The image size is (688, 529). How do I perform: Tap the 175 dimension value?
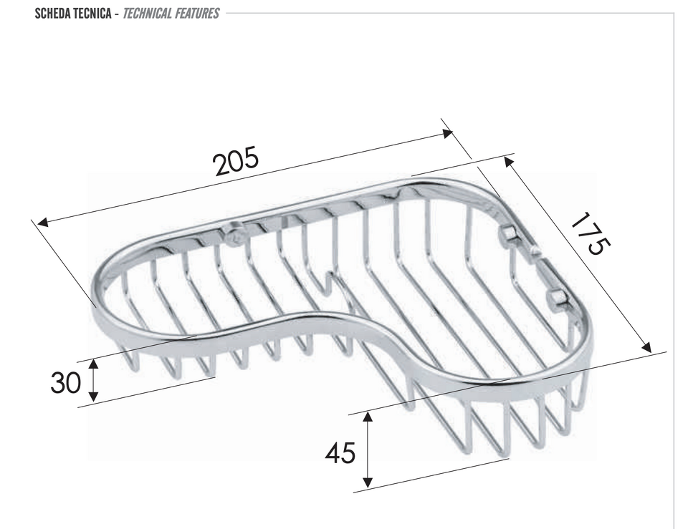pyautogui.click(x=591, y=233)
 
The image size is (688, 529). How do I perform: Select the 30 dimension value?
pyautogui.click(x=66, y=382)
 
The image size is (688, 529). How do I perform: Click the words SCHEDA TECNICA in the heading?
pyautogui.click(x=73, y=13)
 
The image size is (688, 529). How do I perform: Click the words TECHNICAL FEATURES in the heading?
pyautogui.click(x=171, y=13)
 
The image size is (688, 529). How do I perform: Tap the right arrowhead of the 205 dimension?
pyautogui.click(x=447, y=133)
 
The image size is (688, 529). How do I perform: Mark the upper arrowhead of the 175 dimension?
pyautogui.click(x=509, y=162)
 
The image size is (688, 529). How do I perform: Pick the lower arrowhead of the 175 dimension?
pyautogui.click(x=646, y=347)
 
